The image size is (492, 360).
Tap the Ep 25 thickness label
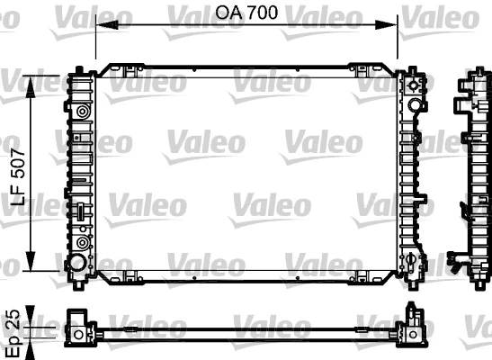tap(13, 325)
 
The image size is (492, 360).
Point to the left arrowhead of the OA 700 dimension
tap(101, 26)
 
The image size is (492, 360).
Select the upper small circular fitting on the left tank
tap(83, 112)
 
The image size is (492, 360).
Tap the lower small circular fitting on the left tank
tap(83, 242)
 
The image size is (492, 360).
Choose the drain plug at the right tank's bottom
tap(412, 263)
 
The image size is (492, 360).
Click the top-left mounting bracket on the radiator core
tap(131, 69)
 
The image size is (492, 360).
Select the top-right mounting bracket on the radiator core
tap(362, 69)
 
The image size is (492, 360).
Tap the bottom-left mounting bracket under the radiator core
tap(131, 276)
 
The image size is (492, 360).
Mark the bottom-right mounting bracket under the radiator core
tap(362, 276)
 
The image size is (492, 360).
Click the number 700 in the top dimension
tap(260, 13)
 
